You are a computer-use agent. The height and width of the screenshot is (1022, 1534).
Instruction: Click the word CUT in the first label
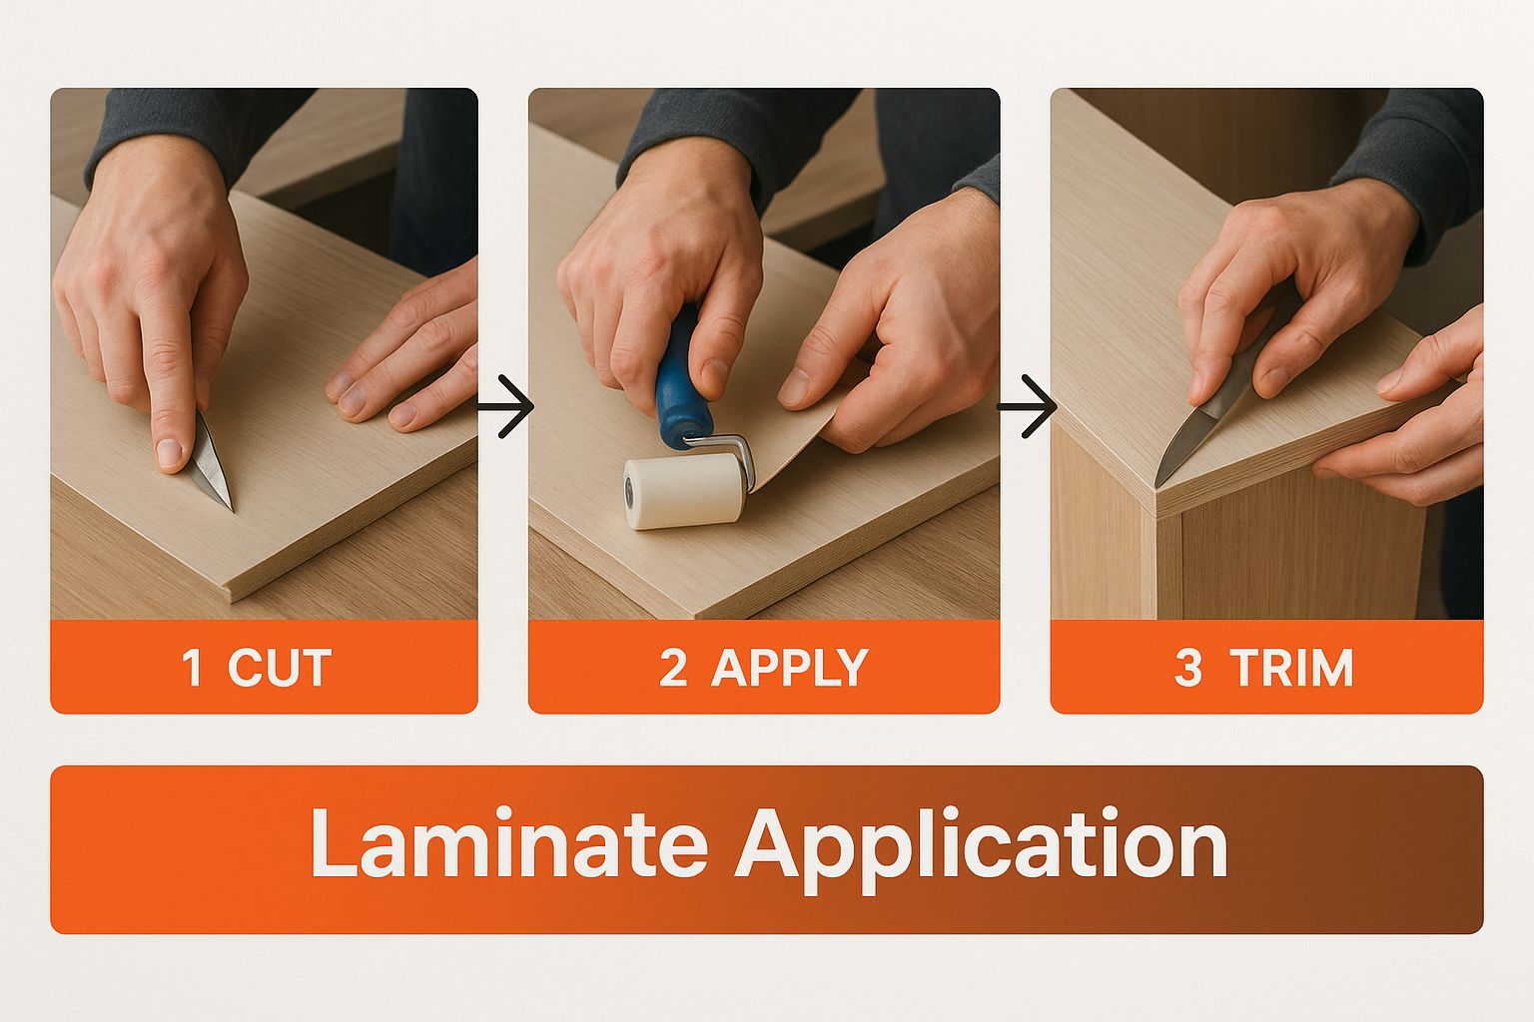[279, 668]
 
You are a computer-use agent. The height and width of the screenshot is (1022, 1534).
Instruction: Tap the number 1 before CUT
[193, 668]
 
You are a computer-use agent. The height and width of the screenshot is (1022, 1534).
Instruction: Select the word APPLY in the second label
[789, 668]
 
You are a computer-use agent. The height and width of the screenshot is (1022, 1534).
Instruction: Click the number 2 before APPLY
[672, 668]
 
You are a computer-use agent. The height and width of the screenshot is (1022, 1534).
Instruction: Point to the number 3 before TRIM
[1187, 668]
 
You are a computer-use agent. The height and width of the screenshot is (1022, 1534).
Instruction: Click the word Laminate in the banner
[508, 844]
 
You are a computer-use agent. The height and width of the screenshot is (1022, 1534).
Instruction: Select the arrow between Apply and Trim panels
[1027, 406]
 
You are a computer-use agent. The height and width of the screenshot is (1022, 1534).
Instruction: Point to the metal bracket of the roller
[737, 449]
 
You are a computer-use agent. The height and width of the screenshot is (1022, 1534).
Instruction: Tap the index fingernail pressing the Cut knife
[170, 454]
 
